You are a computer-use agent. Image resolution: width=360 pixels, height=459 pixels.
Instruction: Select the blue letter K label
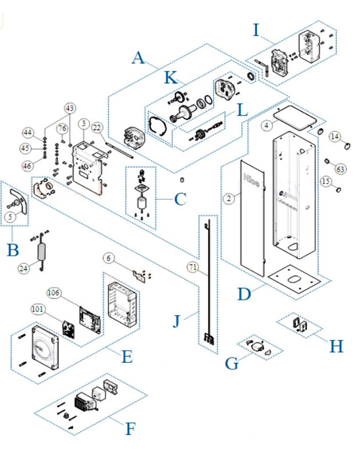click(x=171, y=78)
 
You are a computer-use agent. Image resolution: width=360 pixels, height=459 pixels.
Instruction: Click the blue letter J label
click(x=177, y=322)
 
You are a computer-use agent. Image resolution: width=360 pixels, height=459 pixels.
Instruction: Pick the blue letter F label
click(x=130, y=428)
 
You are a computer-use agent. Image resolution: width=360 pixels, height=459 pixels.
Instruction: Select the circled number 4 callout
click(x=267, y=124)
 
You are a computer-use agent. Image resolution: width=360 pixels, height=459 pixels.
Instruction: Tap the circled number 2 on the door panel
click(x=228, y=199)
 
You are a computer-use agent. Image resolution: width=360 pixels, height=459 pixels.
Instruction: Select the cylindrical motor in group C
click(x=141, y=203)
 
